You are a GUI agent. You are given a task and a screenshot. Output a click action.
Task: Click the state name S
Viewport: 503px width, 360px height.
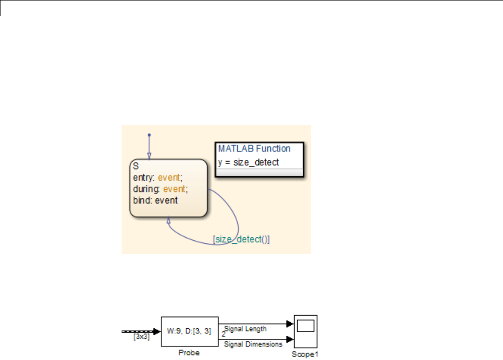click(136, 166)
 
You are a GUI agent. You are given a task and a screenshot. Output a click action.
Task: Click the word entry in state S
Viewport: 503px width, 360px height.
click(143, 177)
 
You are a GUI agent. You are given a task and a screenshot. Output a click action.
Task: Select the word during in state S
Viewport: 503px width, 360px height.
click(145, 188)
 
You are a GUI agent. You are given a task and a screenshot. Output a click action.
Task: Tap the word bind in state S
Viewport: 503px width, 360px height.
click(142, 200)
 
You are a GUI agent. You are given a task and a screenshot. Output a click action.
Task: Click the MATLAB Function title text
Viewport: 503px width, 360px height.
click(254, 148)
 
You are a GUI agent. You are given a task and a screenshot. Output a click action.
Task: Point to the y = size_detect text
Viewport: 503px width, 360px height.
click(249, 162)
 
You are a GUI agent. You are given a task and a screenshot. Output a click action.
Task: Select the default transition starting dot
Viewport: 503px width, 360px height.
click(149, 135)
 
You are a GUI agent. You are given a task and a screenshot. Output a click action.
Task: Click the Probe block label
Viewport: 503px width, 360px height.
click(189, 353)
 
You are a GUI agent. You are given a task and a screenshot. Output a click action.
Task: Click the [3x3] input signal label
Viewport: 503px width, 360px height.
click(141, 336)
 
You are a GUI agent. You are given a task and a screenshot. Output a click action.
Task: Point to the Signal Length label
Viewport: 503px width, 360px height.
click(245, 329)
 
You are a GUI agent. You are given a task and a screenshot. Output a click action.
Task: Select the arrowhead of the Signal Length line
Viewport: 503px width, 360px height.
click(290, 324)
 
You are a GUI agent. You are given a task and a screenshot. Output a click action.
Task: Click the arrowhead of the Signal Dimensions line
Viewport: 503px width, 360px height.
click(290, 339)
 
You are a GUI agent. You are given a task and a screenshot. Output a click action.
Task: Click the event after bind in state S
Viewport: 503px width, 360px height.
click(166, 200)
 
